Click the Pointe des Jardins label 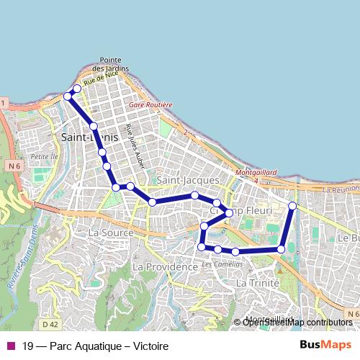(x=114, y=64)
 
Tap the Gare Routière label (x=150, y=104)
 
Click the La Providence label (x=166, y=266)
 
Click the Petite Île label (x=43, y=156)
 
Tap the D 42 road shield (x=49, y=325)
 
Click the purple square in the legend (x=10, y=346)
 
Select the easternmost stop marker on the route (x=292, y=206)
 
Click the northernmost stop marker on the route (x=77, y=89)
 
